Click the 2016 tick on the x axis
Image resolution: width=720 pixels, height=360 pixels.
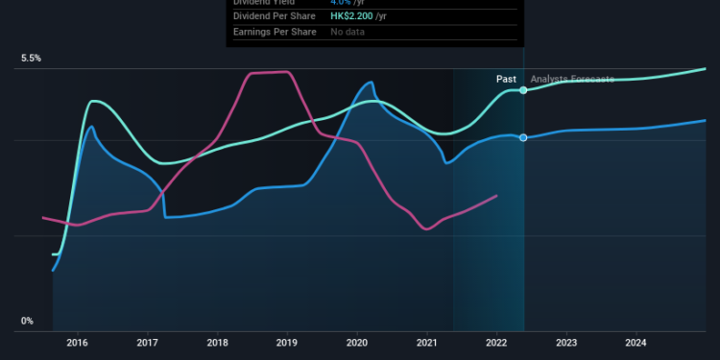78,342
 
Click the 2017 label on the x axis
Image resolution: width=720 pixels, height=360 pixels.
148,342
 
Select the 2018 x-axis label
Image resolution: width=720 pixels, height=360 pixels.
218,342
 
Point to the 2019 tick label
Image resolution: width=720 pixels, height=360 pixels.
287,342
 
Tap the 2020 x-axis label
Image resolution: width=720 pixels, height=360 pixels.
357,342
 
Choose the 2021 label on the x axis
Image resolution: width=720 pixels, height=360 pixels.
427,342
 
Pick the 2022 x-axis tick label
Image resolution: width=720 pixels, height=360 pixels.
496,342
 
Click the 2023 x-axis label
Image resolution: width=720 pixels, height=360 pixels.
566,342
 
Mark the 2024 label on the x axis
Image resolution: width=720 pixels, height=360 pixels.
636,342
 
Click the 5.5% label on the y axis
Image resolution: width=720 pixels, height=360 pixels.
32,59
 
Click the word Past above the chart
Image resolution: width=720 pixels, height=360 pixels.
507,79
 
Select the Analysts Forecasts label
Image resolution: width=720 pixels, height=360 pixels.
572,79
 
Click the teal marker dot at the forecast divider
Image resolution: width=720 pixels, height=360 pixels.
523,90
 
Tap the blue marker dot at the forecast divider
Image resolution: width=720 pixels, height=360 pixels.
523,137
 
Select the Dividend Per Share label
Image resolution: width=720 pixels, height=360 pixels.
276,16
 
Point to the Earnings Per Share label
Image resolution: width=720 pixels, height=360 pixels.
276,33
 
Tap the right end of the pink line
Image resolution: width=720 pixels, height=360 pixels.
496,196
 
